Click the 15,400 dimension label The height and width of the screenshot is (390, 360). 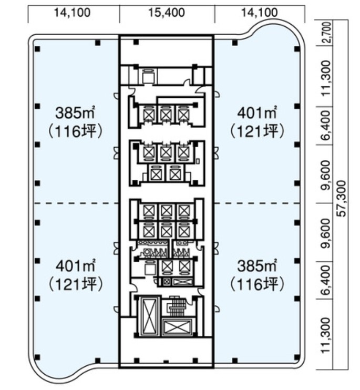coord(167,13)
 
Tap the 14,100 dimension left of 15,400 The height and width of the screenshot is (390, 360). coord(73,13)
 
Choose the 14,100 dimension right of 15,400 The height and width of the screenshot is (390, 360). coord(259,13)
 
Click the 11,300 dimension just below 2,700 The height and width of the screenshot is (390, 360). coord(326,78)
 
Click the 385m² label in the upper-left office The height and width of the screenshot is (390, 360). coord(76,112)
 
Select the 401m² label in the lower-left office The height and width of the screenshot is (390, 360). coord(76,265)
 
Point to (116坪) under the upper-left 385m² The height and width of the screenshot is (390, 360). coord(75,131)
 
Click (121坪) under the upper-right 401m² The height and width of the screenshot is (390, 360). coord(257,131)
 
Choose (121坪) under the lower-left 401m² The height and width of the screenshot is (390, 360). coord(75,284)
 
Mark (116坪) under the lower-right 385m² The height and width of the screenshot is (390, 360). coord(257,284)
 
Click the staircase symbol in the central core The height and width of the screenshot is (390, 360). coord(177,306)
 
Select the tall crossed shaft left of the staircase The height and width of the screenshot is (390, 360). coord(149,316)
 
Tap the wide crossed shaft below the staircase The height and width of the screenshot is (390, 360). coord(177,327)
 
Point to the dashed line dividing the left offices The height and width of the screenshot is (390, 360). coord(76,203)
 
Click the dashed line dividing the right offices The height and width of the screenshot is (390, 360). coord(258,203)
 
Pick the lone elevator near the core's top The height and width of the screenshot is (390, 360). coord(149,76)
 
